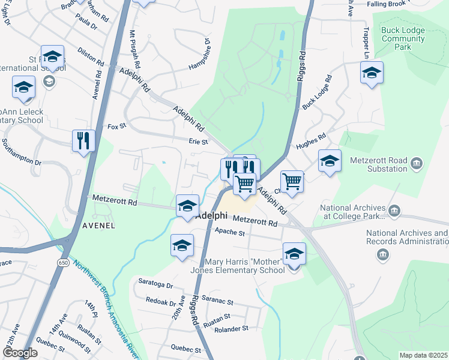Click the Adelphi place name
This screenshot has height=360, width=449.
(212, 215)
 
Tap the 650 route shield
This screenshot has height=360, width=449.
(64, 263)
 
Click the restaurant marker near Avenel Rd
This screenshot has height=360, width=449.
(83, 141)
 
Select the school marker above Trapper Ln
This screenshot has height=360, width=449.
(372, 73)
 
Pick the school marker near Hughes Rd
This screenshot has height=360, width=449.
(329, 161)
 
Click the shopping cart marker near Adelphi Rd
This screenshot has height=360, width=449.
(292, 181)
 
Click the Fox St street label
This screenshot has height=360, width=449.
(117, 127)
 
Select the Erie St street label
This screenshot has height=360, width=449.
(198, 142)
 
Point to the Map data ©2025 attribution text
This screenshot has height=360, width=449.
(423, 355)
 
